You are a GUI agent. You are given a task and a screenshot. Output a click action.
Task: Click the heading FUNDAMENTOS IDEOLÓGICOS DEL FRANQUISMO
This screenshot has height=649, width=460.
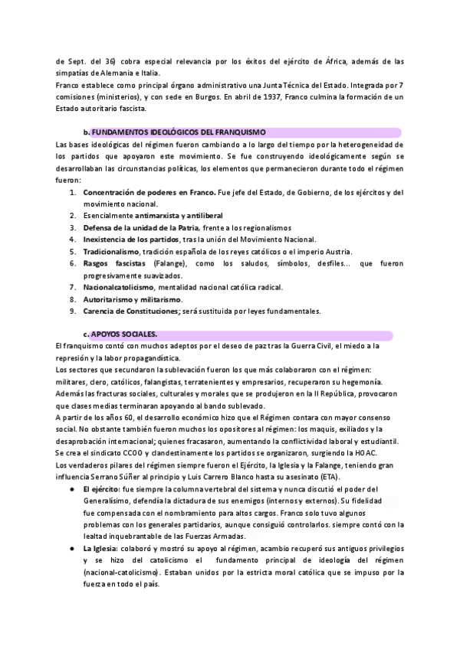(x=178, y=132)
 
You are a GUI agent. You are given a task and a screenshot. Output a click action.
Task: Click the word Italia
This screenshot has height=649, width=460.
(x=146, y=73)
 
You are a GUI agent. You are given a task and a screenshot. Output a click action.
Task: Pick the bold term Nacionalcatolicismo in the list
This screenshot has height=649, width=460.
(x=121, y=287)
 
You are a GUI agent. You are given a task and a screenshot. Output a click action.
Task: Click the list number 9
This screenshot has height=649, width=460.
(x=73, y=311)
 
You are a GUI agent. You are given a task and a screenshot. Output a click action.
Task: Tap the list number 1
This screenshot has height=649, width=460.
(x=73, y=192)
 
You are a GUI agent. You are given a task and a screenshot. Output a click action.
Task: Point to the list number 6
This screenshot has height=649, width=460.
(x=73, y=263)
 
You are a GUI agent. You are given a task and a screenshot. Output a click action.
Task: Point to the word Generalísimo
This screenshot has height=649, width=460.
(x=116, y=501)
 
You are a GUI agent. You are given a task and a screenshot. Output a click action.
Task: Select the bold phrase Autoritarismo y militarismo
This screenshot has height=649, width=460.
(x=132, y=299)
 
